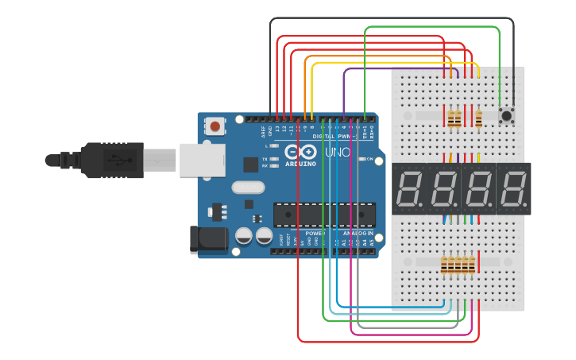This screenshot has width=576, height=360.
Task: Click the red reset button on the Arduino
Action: [x=215, y=126]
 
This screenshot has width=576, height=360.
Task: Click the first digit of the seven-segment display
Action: [x=410, y=189]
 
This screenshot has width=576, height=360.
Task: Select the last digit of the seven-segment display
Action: [x=513, y=189]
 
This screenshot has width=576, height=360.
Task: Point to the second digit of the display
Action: [x=444, y=189]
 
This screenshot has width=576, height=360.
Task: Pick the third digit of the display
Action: [x=479, y=189]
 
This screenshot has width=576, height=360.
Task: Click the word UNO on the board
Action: [x=338, y=151]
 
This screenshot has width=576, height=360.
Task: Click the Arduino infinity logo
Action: [x=301, y=151]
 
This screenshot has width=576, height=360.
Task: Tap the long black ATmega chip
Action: [x=324, y=215]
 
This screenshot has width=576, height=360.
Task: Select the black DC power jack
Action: [x=208, y=240]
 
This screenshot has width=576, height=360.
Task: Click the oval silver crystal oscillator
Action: [x=248, y=188]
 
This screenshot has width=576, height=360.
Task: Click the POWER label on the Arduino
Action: [x=315, y=234]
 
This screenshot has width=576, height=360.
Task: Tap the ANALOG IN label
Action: [x=358, y=234]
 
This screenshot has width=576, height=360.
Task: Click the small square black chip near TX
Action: [x=251, y=165]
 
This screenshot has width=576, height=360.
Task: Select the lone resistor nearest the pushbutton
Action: [x=478, y=118]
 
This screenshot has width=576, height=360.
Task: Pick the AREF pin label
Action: [x=264, y=132]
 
